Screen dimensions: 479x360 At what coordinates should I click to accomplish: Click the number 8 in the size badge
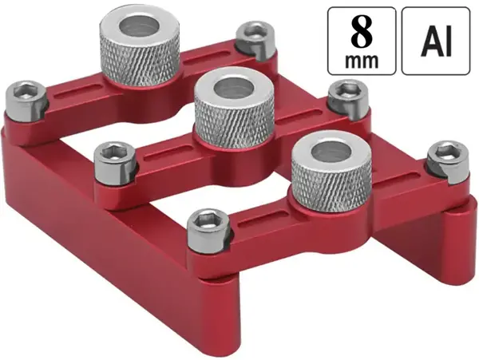[x=362, y=31]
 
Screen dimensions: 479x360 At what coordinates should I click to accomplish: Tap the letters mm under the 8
[x=362, y=61]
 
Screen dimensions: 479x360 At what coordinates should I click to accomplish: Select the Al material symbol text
[x=436, y=41]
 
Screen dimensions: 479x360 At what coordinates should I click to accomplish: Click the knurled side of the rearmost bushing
[x=139, y=63]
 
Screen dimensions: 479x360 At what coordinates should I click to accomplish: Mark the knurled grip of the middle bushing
[x=234, y=125]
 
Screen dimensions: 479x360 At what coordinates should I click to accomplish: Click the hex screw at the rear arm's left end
[x=26, y=101]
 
